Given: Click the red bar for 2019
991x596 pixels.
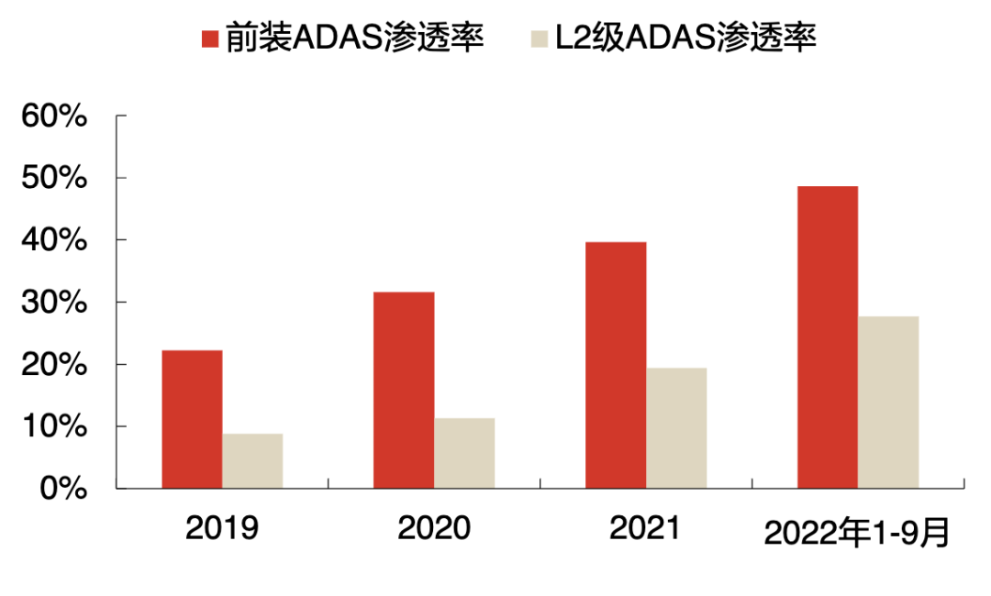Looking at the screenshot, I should pos(192,419).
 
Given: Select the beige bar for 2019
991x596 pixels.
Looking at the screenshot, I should pos(252,460).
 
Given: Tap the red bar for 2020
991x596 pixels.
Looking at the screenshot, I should pos(404,390).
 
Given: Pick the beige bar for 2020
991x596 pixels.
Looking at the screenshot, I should pos(464,453).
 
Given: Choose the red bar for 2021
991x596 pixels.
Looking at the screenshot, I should pos(616,365).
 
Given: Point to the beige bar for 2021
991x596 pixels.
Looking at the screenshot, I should pos(676,427).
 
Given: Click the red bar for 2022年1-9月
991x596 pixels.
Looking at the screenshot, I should pos(828,337).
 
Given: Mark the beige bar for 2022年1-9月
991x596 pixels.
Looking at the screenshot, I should pos(888,402).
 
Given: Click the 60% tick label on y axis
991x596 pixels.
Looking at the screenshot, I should pos(55,116).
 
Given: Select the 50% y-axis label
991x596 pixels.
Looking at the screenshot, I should pos(55,178).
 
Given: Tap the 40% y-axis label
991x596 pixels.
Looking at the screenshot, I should pos(55,240).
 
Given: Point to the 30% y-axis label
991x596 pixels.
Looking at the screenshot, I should pos(55,303).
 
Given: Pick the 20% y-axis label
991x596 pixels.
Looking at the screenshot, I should pos(55,365).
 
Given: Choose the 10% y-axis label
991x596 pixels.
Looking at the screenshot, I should pos(55,427).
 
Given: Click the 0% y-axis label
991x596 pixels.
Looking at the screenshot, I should pos(64,489).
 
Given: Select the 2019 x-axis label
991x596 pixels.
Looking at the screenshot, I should pos(222,529).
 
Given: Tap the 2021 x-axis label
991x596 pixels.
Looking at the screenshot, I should pos(645,529).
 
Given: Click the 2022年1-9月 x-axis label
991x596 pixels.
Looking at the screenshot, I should pos(857,533).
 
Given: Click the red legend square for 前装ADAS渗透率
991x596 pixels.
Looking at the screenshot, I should pos(210,39).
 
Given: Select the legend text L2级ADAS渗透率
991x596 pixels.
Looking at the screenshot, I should pos(683,39).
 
